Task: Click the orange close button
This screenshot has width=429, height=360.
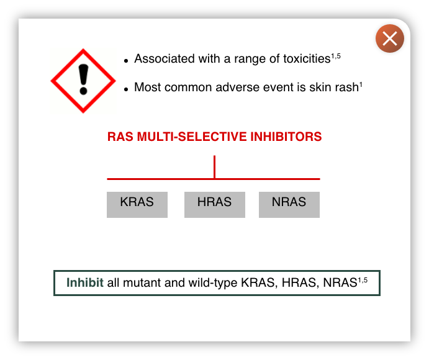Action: tap(390, 38)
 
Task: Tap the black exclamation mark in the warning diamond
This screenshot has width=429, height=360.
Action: tap(83, 79)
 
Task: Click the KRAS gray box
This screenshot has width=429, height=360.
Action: tap(137, 205)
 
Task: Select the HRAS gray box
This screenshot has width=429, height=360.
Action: tap(215, 205)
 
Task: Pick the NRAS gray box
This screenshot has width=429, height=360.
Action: tap(289, 205)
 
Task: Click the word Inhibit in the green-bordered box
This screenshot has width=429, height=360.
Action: tap(85, 282)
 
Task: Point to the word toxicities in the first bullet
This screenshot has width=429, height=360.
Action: tap(307, 59)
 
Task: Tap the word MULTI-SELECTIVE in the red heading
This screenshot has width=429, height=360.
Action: tap(192, 137)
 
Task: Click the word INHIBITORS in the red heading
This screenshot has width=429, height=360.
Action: tap(286, 137)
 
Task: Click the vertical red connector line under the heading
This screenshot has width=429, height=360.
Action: tap(215, 167)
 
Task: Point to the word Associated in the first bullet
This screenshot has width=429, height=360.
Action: tap(165, 59)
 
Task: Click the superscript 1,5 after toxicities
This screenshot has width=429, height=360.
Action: tap(336, 56)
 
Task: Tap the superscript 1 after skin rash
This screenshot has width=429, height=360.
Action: tap(361, 85)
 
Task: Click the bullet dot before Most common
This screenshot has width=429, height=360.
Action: tap(126, 89)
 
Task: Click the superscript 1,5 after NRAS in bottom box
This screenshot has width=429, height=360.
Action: tap(363, 280)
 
